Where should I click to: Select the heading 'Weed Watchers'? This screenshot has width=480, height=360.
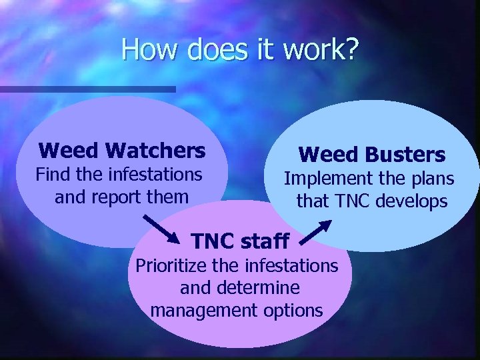122,151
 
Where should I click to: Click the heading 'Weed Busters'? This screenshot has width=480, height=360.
371,155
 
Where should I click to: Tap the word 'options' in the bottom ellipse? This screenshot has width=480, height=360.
293,311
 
